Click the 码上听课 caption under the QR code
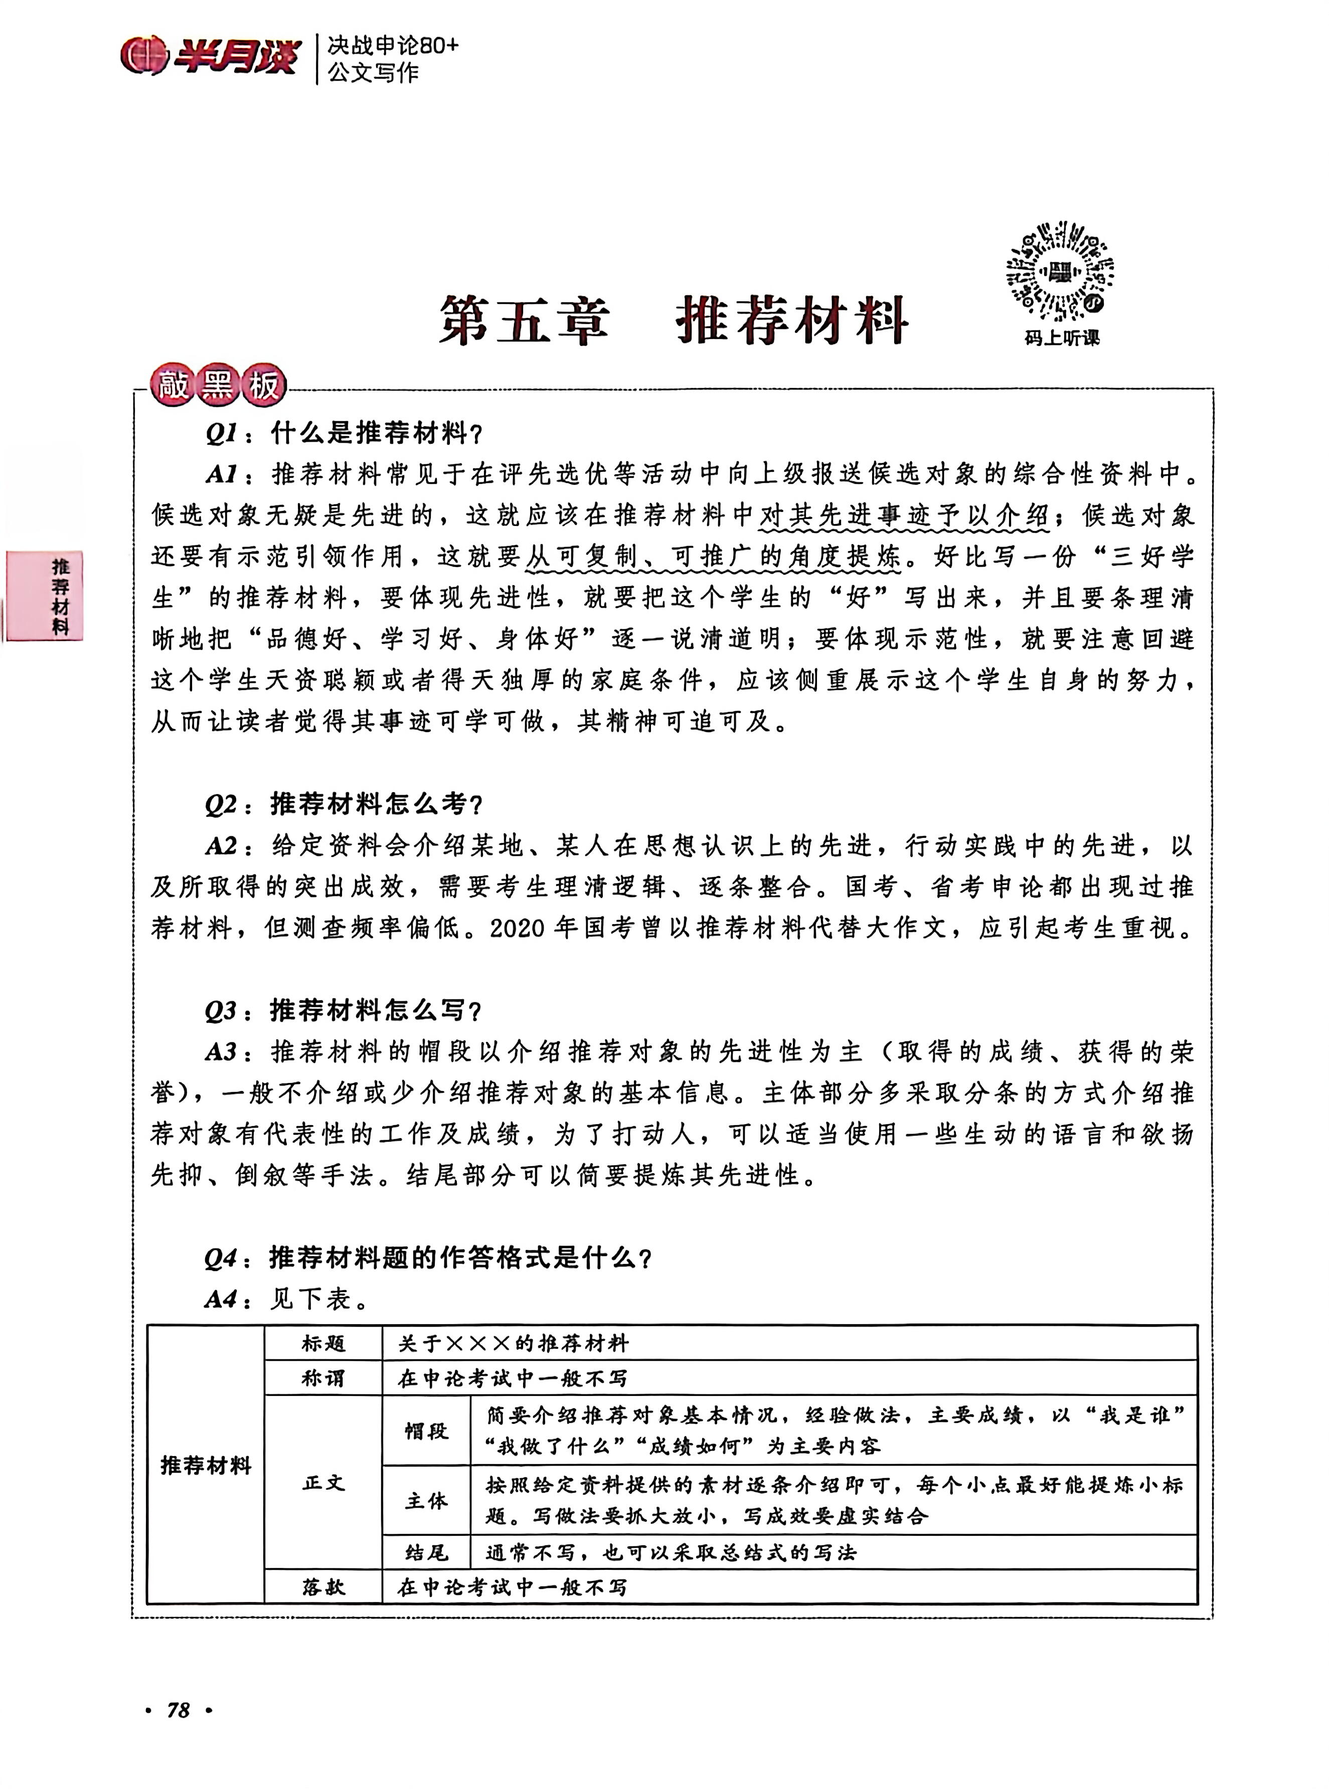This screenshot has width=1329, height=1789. click(1061, 338)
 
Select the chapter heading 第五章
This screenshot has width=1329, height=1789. click(524, 320)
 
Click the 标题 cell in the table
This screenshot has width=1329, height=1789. click(323, 1343)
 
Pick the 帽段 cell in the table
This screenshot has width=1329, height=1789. click(426, 1431)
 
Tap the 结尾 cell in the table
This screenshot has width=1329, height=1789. click(426, 1552)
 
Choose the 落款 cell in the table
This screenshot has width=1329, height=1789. click(323, 1587)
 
